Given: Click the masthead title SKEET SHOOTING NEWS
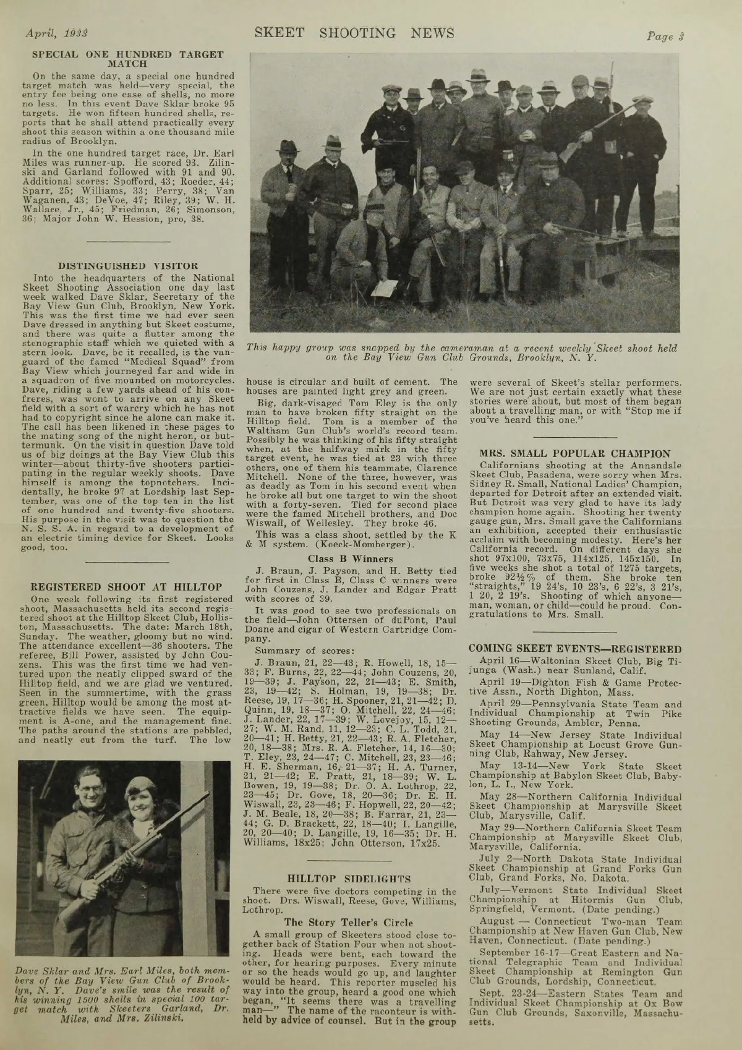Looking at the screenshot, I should coord(354,33).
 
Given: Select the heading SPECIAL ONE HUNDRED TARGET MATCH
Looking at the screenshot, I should coord(127,59).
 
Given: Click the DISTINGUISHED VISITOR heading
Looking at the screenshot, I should coord(127,267).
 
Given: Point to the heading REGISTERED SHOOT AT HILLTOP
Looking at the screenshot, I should coord(127,587).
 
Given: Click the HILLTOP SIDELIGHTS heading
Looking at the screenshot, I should coord(349,878).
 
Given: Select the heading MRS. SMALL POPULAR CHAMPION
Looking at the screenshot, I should coord(575,453).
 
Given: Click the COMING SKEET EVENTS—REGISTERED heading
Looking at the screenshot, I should coord(575,649).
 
